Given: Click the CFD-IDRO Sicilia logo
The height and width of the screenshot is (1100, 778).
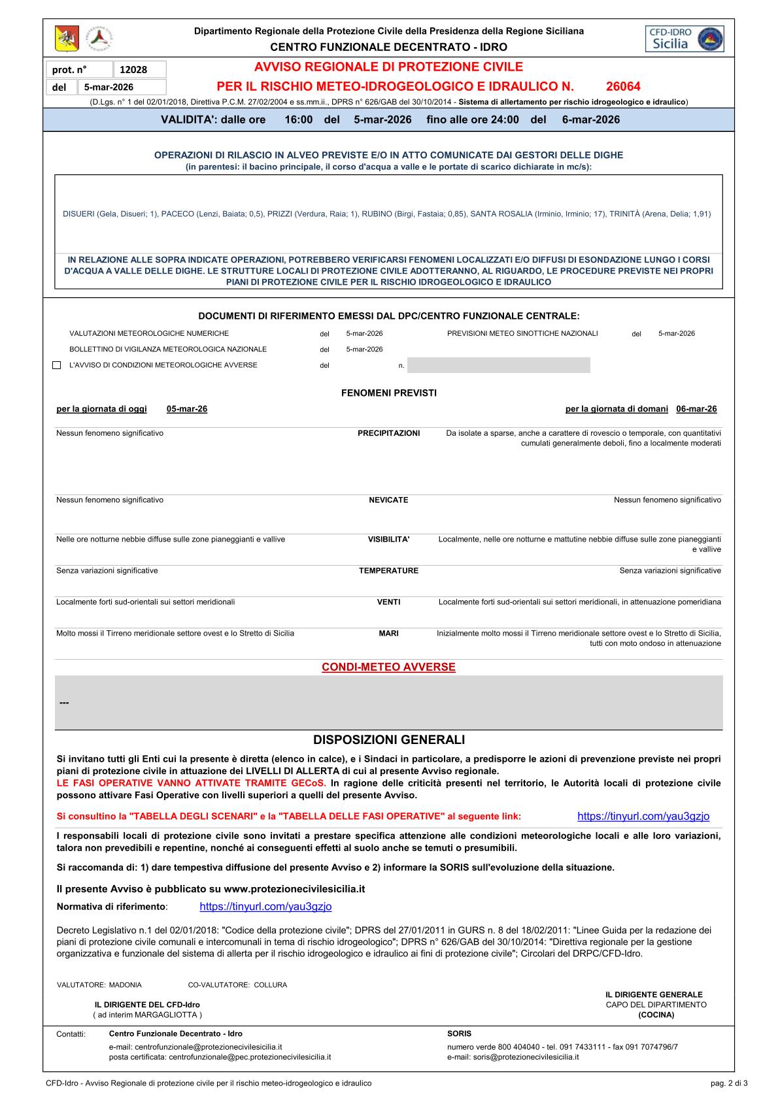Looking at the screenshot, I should point(684,39).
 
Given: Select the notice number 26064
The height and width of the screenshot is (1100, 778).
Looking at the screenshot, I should point(623,86).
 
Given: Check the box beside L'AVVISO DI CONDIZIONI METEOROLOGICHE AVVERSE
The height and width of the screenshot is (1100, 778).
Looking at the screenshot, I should point(56,365).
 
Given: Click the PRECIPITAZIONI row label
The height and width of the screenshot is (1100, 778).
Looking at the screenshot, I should point(388,433).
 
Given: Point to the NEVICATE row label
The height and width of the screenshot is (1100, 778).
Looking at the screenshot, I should point(388,500).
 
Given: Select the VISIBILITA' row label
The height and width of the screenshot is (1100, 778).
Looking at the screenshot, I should point(388,540).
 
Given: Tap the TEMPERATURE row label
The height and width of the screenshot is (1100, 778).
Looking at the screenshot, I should point(388,571).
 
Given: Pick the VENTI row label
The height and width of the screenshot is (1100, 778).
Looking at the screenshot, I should point(388,602).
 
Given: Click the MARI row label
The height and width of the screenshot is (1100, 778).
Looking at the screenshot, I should point(388,634).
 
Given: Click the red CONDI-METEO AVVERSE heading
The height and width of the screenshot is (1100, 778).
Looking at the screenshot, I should point(388,667).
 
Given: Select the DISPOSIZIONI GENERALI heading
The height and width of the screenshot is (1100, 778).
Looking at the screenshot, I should point(389,740).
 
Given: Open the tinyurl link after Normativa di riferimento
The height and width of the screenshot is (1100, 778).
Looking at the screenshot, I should point(265,907).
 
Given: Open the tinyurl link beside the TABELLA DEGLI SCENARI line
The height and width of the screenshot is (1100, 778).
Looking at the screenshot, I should point(643,817).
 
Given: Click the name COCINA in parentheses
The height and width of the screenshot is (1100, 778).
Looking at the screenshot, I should point(656,1015).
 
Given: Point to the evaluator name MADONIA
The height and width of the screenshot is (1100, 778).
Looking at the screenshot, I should point(125,985).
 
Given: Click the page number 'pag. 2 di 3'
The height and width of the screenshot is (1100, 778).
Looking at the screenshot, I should point(729,1084).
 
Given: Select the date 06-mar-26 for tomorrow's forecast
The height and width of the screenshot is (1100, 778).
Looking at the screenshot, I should point(696,409).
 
